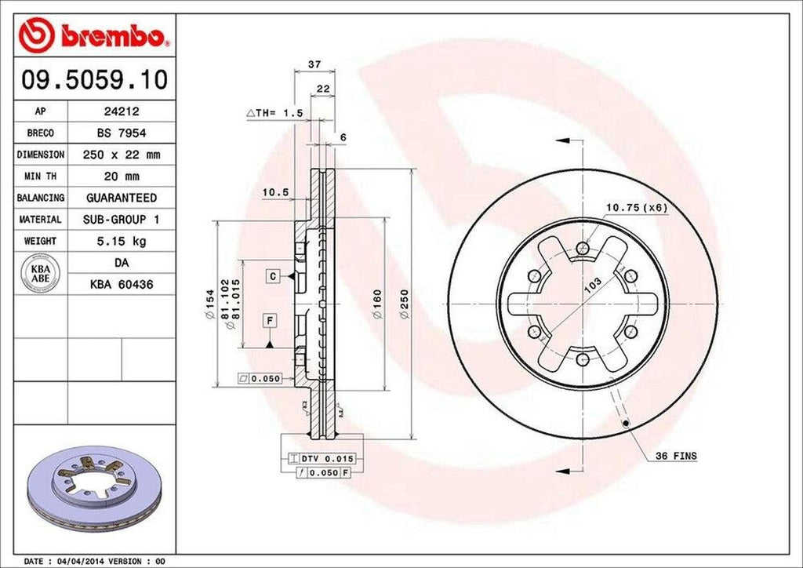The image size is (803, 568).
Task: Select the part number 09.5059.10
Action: (93, 79)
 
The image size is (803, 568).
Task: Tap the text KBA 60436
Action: (121, 284)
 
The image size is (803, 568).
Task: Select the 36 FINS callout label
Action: (676, 456)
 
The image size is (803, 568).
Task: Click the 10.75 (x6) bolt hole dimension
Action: (635, 207)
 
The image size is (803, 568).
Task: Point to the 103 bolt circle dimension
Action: (593, 284)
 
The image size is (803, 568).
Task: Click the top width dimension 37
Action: (314, 64)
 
